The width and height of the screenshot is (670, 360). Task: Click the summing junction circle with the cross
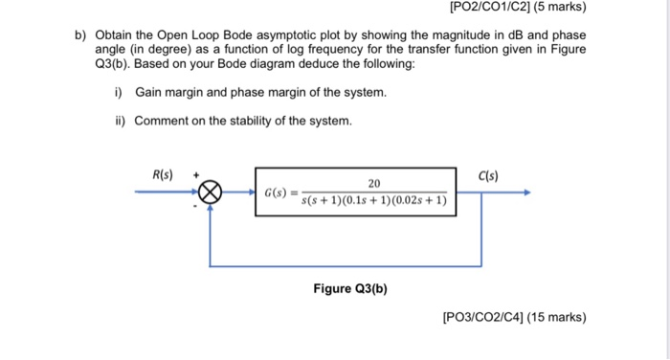pos(211,193)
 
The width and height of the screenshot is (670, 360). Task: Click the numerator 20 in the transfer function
pos(374,184)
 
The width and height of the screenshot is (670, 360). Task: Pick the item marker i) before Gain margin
pos(119,92)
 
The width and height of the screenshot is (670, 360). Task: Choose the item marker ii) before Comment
pos(120,122)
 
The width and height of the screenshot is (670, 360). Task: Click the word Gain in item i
pos(150,92)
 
